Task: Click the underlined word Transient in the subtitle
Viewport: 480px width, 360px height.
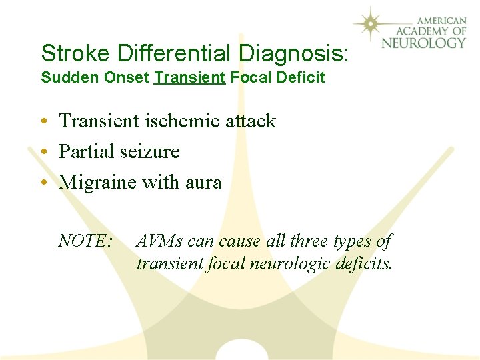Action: tap(189, 77)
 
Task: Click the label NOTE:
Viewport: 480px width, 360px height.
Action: tap(85, 240)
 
